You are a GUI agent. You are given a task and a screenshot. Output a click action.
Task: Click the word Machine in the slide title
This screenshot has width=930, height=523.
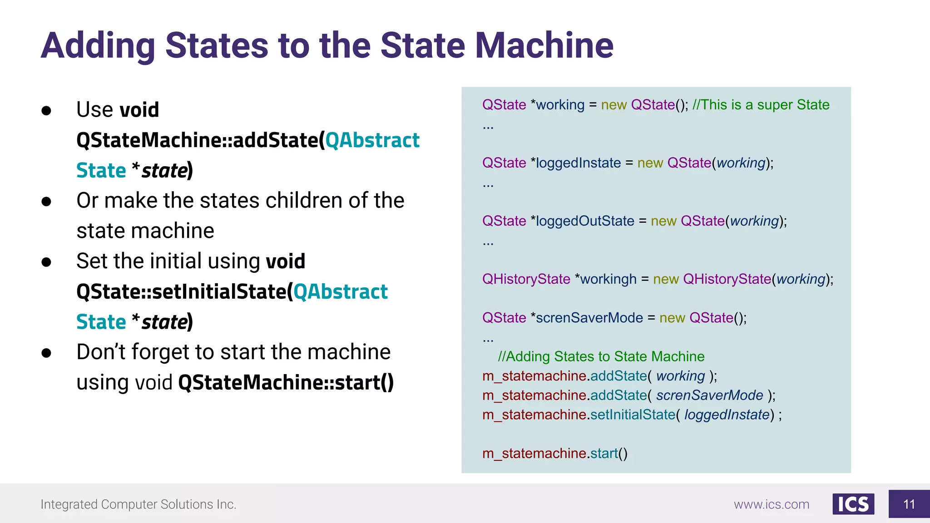coord(544,46)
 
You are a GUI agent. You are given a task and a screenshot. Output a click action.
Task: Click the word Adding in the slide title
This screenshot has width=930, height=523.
coord(98,46)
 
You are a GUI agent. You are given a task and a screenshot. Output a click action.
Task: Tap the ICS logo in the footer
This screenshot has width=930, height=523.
coord(853,504)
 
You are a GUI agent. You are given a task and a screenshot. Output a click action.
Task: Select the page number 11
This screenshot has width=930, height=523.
coord(909,504)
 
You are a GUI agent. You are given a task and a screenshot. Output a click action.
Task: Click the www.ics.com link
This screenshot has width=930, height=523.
coord(771,504)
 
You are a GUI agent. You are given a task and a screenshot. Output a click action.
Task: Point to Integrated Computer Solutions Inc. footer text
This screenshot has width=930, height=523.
coord(139,504)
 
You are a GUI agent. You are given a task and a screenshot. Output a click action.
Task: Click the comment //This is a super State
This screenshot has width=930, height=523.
coord(761,105)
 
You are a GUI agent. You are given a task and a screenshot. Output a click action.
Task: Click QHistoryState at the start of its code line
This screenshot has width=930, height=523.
coord(526,279)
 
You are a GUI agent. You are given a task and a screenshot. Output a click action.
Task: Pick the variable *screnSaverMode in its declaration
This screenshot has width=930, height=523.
coord(587,318)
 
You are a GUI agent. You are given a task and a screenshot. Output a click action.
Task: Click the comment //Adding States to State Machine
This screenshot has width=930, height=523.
coord(601,357)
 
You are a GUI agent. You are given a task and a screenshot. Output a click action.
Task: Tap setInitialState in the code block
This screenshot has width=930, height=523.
coord(633,415)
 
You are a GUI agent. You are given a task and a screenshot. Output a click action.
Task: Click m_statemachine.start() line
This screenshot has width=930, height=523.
coord(554,454)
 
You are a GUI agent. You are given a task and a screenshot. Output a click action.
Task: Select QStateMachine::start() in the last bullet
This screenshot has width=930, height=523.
coord(286,382)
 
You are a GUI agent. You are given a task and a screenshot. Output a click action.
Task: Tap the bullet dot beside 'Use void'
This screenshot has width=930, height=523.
coord(46,110)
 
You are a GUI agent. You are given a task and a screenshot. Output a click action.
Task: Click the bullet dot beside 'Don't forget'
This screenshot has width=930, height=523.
coord(46,353)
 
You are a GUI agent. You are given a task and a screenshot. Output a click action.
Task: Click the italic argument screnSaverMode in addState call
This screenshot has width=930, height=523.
coord(709,395)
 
